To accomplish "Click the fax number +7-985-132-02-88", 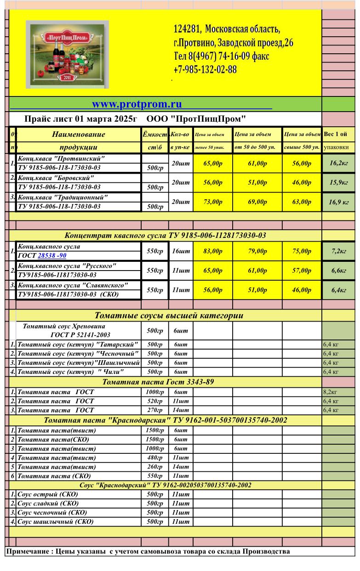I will [205, 70].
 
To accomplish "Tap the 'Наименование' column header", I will [78, 135].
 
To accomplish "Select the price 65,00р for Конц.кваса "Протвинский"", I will [213, 164].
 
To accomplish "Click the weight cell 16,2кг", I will [338, 164].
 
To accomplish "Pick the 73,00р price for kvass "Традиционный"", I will [213, 202].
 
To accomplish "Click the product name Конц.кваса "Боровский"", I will [56, 177].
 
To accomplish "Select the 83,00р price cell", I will [213, 251].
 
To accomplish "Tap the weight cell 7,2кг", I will [338, 251].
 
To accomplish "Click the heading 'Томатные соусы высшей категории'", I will [169, 316].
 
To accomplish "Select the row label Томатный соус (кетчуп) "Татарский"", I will [78, 345].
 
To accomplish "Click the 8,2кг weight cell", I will [330, 392].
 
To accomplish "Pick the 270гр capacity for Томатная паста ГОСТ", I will [154, 410].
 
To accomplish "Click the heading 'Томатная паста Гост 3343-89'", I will [158, 382].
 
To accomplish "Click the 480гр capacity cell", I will [154, 458].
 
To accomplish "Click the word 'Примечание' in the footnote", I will [27, 551].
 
